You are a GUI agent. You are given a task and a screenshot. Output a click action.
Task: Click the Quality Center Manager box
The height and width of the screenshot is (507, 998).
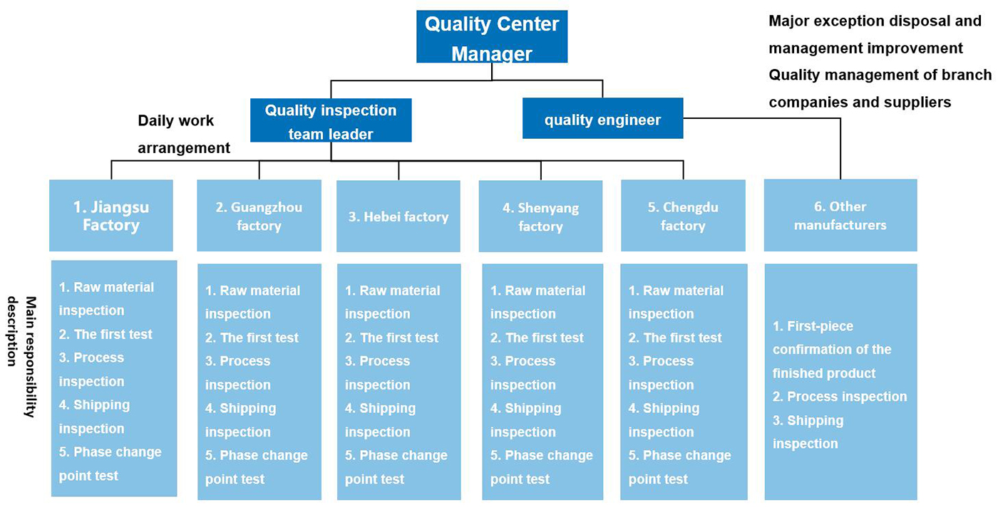point(492,37)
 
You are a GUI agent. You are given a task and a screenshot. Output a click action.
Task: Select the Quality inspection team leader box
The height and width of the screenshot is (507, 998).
point(331,121)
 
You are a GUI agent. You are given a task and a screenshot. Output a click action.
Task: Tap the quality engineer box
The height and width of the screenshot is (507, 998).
point(602,119)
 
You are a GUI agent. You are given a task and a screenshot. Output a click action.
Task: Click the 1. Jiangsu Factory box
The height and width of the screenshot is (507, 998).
point(110,215)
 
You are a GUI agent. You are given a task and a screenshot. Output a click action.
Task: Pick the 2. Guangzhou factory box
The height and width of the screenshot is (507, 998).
point(259,216)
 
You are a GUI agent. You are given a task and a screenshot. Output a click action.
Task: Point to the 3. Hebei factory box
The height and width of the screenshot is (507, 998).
point(398,216)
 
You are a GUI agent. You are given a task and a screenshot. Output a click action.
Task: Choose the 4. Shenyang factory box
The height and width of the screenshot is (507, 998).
point(540,216)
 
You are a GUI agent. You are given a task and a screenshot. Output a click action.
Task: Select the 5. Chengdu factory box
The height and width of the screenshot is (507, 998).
point(682,216)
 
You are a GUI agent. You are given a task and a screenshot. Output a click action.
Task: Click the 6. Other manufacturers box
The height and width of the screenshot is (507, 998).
point(840,215)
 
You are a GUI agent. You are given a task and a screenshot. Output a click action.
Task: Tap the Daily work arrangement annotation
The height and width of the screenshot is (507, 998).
point(183,134)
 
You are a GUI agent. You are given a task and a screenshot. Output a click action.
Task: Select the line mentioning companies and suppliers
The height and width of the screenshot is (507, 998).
point(860,103)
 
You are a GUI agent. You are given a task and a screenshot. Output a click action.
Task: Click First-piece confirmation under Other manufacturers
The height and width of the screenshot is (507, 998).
point(832,338)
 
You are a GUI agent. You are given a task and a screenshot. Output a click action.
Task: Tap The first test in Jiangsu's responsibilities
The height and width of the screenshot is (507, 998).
point(106,334)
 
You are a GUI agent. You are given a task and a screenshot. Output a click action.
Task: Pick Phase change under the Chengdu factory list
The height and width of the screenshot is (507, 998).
point(679,456)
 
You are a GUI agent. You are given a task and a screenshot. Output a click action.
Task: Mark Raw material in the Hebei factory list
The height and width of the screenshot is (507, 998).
point(392,291)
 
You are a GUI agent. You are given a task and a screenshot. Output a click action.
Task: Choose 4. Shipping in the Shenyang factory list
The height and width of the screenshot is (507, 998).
point(525,409)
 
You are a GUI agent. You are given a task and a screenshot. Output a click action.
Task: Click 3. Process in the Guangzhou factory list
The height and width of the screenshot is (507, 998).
point(237,361)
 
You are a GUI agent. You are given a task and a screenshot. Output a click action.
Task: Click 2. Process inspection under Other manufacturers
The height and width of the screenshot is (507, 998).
point(840,397)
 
